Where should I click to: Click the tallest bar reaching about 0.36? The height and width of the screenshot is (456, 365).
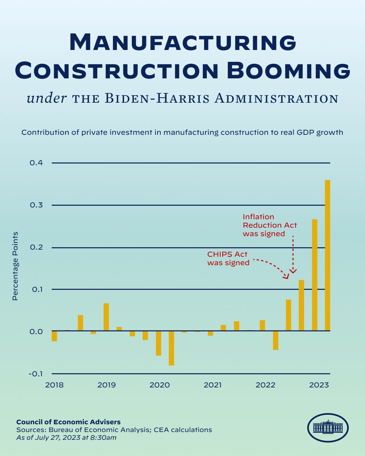pyautogui.click(x=327, y=255)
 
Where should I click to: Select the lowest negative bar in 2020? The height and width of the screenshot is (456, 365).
pyautogui.click(x=171, y=348)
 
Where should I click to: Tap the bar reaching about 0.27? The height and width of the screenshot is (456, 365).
pyautogui.click(x=314, y=275)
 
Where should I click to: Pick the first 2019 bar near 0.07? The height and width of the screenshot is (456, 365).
pyautogui.click(x=106, y=317)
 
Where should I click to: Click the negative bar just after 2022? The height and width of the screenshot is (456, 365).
pyautogui.click(x=275, y=340)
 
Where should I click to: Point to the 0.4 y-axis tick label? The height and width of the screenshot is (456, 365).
pyautogui.click(x=36, y=163)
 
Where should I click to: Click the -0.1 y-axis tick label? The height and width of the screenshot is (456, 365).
pyautogui.click(x=36, y=374)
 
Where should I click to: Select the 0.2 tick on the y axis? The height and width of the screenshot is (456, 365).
pyautogui.click(x=36, y=247)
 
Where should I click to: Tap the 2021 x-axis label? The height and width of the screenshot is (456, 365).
pyautogui.click(x=213, y=385)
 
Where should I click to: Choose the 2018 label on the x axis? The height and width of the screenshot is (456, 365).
pyautogui.click(x=54, y=385)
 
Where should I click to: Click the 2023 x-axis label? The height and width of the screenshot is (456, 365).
pyautogui.click(x=319, y=385)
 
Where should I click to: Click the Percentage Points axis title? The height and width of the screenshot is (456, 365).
pyautogui.click(x=15, y=266)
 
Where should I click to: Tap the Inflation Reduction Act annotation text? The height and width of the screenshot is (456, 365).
pyautogui.click(x=269, y=225)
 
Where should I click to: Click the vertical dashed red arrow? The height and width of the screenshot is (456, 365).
pyautogui.click(x=293, y=253)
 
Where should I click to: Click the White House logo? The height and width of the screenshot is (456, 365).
pyautogui.click(x=327, y=428)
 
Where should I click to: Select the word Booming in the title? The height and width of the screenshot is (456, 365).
pyautogui.click(x=288, y=71)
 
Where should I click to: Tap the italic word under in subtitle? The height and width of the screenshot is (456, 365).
pyautogui.click(x=47, y=98)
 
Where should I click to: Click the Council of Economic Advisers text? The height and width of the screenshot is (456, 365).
pyautogui.click(x=68, y=422)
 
